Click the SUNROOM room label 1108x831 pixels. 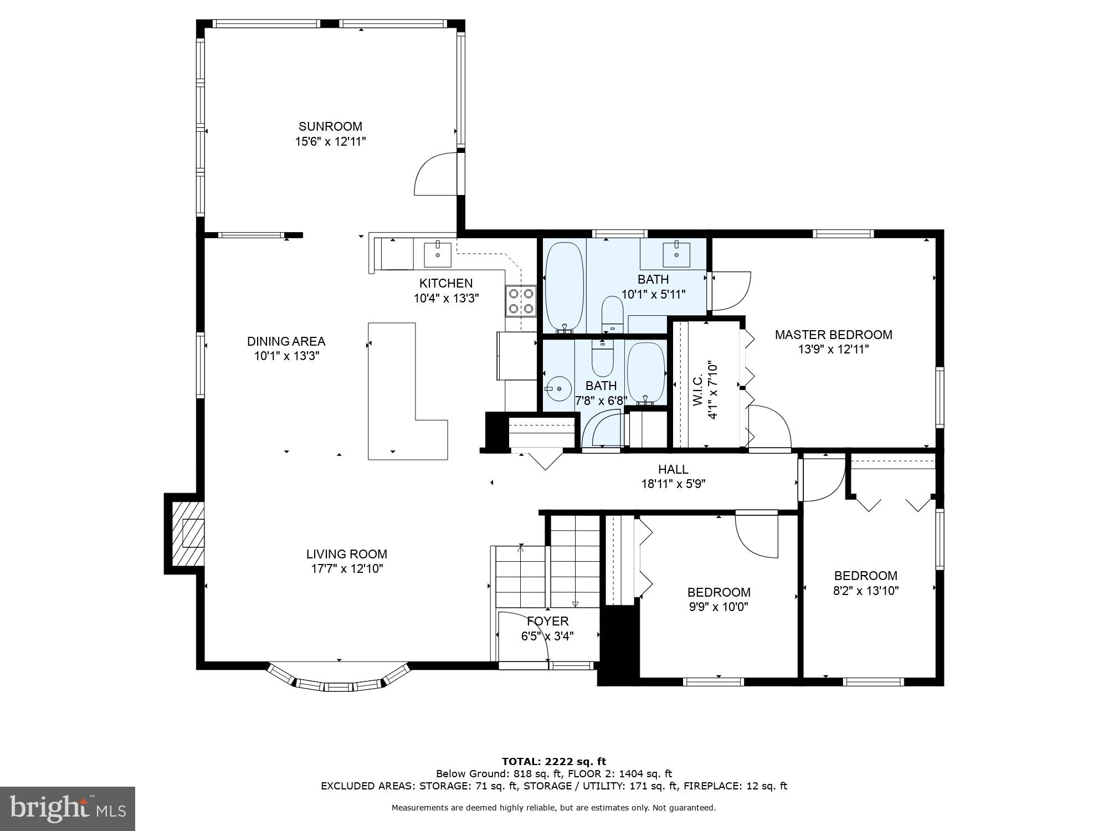[330, 126]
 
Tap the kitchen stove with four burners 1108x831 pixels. [521, 300]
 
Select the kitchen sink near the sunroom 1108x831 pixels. [438, 254]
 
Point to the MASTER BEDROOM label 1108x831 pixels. [833, 335]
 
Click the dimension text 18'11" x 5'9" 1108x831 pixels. [673, 484]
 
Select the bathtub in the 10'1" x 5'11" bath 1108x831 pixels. [565, 287]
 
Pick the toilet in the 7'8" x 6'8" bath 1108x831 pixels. [603, 358]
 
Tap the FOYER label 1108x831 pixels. [547, 621]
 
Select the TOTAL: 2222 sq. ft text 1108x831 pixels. [553, 761]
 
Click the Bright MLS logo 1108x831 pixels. [68, 808]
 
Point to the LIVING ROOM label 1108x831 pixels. [347, 554]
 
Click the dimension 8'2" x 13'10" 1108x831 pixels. [865, 591]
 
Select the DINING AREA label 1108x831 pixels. [286, 341]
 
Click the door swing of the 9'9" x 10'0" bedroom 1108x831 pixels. [756, 535]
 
